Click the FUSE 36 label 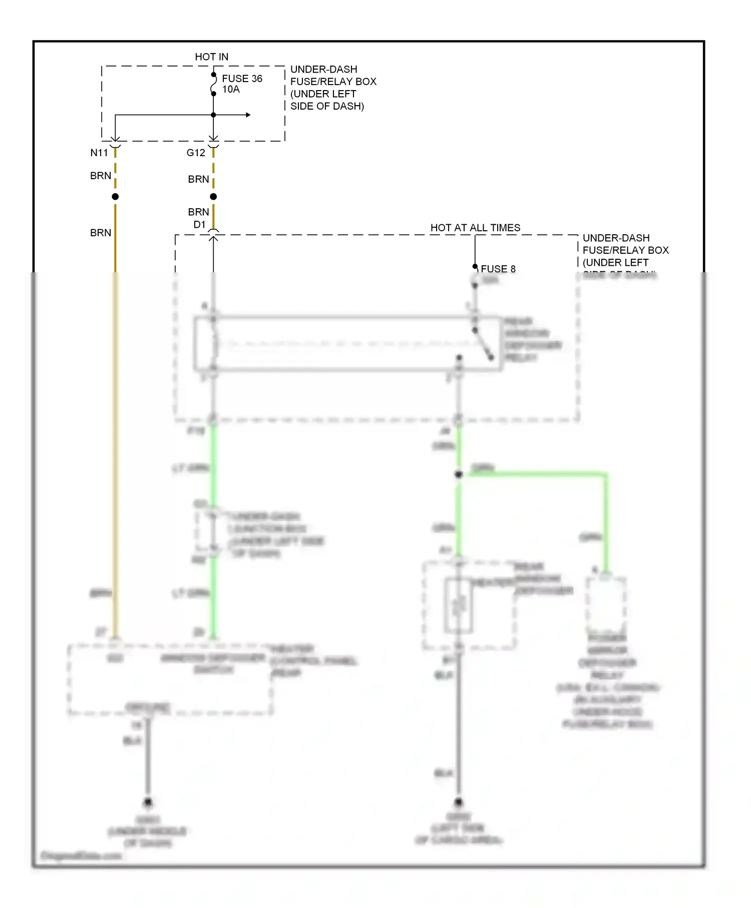click(242, 79)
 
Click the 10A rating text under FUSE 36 click(231, 89)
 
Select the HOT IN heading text click(211, 57)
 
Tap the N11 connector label click(99, 153)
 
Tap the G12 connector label click(196, 153)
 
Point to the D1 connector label click(199, 224)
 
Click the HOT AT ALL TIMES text click(475, 228)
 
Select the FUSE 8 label click(498, 269)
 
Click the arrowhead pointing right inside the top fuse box click(248, 115)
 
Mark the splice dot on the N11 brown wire click(115, 197)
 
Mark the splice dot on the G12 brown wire click(213, 197)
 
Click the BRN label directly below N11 click(101, 176)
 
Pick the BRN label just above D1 click(198, 212)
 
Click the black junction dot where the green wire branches click(458, 474)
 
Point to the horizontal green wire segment click(536, 474)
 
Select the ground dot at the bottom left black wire click(148, 802)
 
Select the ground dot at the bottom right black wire click(458, 802)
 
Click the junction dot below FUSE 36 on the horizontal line click(213, 115)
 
